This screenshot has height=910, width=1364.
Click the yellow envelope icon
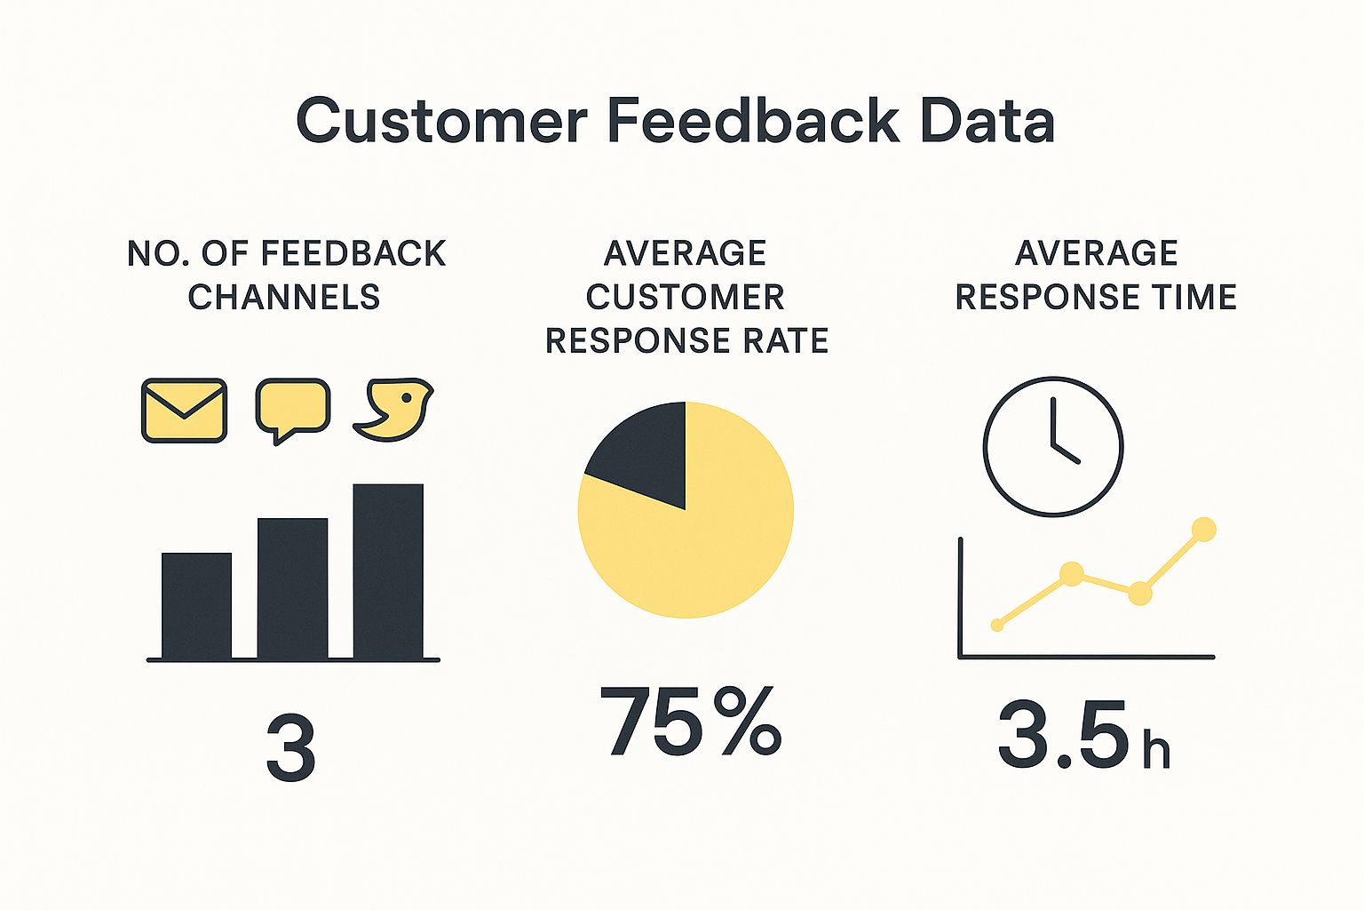tap(184, 411)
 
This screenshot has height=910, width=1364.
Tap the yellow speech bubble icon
tap(292, 407)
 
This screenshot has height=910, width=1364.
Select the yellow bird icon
tap(393, 411)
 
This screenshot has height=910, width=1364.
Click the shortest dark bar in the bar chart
tap(196, 605)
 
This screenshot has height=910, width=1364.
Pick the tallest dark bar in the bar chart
tap(388, 571)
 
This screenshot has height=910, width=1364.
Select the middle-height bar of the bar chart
tap(292, 588)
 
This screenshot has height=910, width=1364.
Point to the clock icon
tap(1053, 446)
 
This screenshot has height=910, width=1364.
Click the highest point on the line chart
tap(1203, 530)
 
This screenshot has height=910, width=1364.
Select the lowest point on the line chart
tap(997, 626)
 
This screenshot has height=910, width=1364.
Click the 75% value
tap(691, 722)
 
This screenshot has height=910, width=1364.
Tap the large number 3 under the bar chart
tap(290, 749)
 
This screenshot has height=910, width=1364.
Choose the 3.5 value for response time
tap(1064, 735)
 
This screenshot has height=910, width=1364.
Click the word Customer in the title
tap(441, 121)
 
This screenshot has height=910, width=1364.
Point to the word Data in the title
tap(987, 121)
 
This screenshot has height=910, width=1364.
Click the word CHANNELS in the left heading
tap(284, 297)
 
